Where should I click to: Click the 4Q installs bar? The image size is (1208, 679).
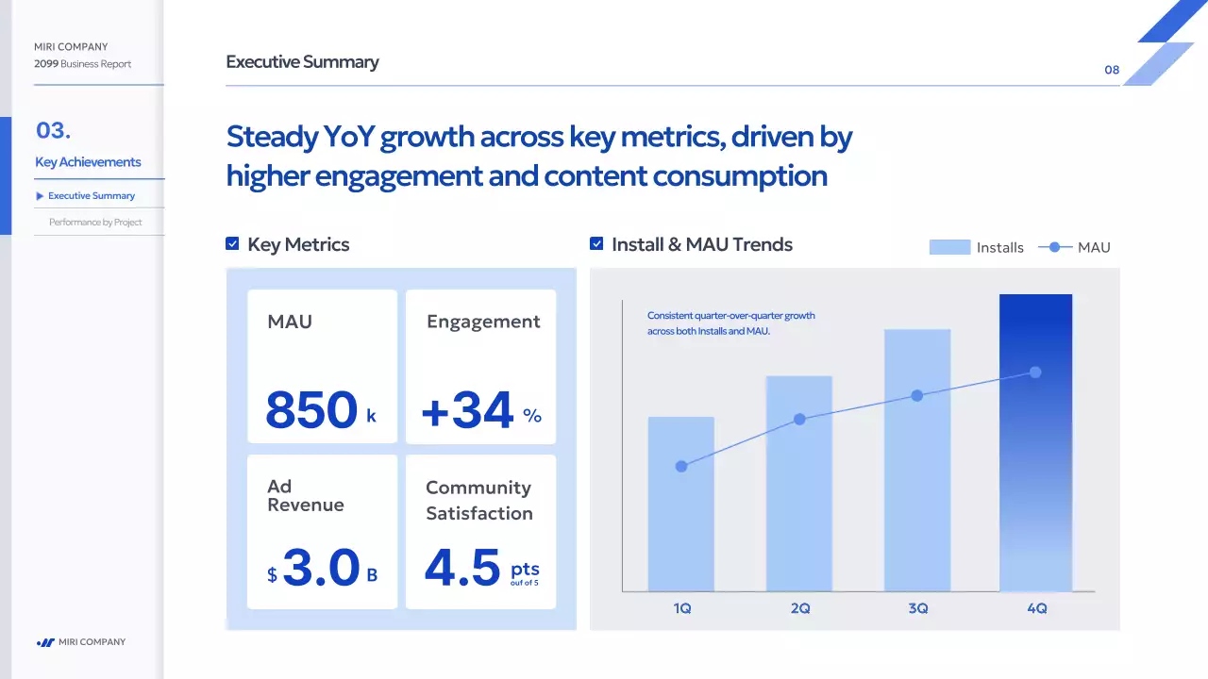tap(1035, 443)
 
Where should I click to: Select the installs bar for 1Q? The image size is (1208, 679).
tap(680, 505)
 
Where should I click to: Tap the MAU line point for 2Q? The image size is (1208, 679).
tap(799, 419)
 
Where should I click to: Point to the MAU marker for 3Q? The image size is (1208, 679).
tap(916, 396)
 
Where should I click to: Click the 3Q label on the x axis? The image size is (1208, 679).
tap(917, 609)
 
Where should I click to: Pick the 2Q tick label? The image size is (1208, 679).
tap(799, 609)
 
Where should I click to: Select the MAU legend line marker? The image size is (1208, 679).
tap(1055, 247)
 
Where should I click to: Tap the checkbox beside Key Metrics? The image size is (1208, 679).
tap(232, 244)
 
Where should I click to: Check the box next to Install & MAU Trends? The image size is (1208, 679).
tap(596, 244)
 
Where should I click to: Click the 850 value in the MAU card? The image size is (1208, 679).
tap(311, 410)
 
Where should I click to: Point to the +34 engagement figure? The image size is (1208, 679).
tap(467, 410)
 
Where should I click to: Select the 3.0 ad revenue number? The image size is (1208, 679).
tap(321, 569)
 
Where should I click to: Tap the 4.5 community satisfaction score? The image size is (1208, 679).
tap(462, 569)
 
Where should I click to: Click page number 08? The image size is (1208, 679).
tap(1112, 70)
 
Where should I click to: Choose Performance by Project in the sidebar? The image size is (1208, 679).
tap(95, 223)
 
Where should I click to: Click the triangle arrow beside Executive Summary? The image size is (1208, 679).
tap(40, 196)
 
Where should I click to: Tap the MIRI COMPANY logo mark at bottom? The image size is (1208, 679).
tap(45, 642)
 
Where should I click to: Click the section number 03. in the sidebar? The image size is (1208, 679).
tap(54, 130)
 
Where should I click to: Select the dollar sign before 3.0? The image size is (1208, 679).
tap(272, 575)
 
